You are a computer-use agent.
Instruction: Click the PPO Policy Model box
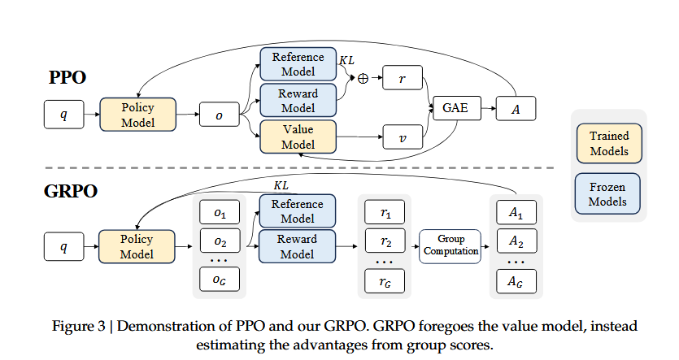click(137, 115)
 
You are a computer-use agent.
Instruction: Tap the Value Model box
click(298, 137)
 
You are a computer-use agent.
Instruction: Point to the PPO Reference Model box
click(298, 64)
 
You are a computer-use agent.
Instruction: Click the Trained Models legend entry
click(608, 142)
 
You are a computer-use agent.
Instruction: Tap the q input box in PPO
click(64, 115)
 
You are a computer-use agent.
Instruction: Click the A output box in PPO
click(516, 106)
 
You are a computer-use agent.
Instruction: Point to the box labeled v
click(404, 137)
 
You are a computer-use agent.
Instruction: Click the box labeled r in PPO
click(404, 80)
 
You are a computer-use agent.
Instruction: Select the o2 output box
click(220, 241)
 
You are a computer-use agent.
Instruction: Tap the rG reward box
click(385, 281)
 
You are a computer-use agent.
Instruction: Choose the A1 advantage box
click(516, 212)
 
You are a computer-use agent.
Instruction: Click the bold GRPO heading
click(70, 192)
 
